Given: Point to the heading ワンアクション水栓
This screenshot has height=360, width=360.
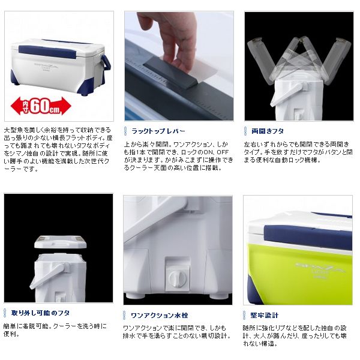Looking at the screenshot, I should [158, 314].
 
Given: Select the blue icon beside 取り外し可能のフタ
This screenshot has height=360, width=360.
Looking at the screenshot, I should [7, 313].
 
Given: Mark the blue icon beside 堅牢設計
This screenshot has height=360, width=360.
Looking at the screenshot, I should [246, 314].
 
